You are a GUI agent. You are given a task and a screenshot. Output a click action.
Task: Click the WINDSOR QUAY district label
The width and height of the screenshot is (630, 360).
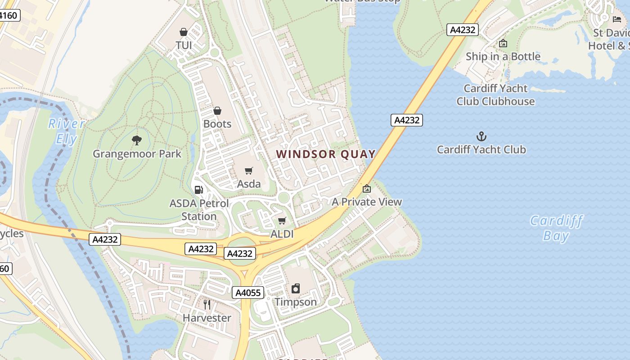pyautogui.click(x=326, y=154)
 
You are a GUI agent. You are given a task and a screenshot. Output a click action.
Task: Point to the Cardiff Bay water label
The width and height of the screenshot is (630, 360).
pyautogui.click(x=556, y=228)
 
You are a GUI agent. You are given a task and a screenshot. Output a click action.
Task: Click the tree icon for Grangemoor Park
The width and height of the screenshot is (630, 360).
pyautogui.click(x=137, y=140)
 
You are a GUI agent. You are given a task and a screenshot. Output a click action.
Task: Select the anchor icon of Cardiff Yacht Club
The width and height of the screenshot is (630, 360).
pyautogui.click(x=481, y=136)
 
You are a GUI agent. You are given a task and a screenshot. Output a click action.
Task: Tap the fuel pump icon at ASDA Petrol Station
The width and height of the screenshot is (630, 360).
pyautogui.click(x=198, y=190)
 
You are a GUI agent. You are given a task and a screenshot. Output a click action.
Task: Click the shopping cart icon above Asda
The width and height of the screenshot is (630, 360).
pyautogui.click(x=249, y=171)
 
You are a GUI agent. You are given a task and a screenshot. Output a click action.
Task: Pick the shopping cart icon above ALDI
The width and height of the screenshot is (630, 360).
pyautogui.click(x=282, y=220)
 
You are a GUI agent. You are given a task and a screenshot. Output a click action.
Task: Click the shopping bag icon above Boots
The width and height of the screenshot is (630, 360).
pyautogui.click(x=217, y=111)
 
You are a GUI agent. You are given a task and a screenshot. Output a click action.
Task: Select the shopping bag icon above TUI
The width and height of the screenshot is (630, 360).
pyautogui.click(x=184, y=32)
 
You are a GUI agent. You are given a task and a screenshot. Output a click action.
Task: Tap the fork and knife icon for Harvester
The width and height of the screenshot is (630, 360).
pyautogui.click(x=207, y=305)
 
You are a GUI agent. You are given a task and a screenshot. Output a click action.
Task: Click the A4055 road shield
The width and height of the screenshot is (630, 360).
pyautogui.click(x=248, y=293)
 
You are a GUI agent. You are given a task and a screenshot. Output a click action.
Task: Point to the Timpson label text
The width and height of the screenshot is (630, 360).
pyautogui.click(x=296, y=302)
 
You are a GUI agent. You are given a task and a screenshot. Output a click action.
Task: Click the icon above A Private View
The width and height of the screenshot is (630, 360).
pyautogui.click(x=367, y=189)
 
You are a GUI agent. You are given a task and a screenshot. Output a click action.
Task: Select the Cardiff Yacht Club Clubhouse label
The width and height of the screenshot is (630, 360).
pyautogui.click(x=495, y=95)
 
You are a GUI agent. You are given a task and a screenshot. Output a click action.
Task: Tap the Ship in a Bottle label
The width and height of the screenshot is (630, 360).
pyautogui.click(x=503, y=57)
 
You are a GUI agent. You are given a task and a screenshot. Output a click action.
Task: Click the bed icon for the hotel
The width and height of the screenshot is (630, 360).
pyautogui.click(x=617, y=19)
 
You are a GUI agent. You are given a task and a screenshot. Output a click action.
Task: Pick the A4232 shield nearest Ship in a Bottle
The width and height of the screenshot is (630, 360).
pyautogui.click(x=462, y=30)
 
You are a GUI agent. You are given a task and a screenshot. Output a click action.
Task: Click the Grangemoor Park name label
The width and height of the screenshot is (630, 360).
pyautogui.click(x=137, y=154)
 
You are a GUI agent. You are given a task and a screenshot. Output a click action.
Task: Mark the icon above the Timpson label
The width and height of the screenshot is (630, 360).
pyautogui.click(x=296, y=288)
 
